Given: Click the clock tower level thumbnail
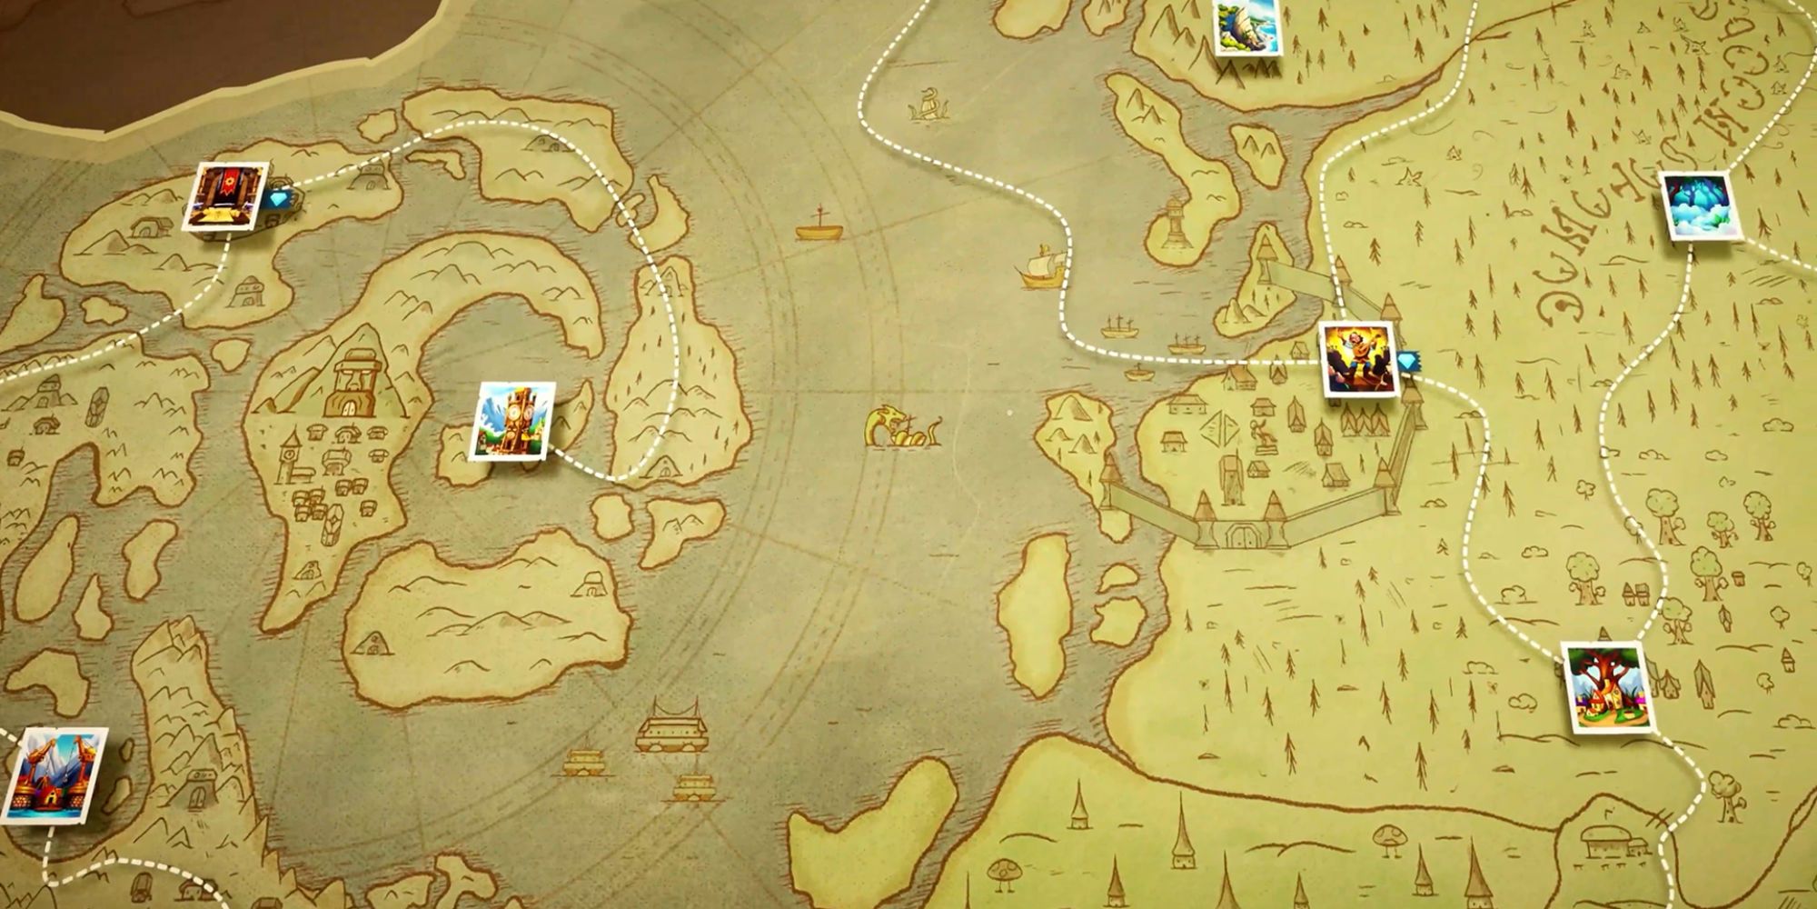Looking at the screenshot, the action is (x=512, y=421).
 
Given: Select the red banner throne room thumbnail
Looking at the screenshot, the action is (x=225, y=196).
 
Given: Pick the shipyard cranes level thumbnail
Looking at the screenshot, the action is (x=55, y=774).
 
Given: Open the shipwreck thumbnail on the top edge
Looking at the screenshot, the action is (x=1247, y=26).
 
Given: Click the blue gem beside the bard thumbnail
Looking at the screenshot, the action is (x=1408, y=362).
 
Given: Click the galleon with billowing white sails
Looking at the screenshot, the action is (x=1043, y=266).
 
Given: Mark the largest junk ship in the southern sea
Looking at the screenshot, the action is (x=672, y=727).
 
